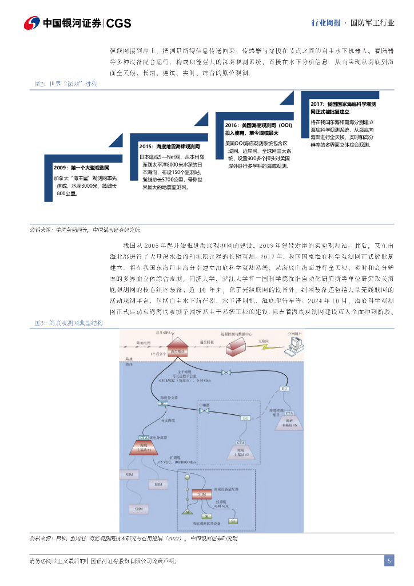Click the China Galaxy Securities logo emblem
click(31, 23)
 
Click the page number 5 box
click(389, 561)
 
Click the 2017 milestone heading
click(343, 108)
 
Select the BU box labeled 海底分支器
click(164, 403)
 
